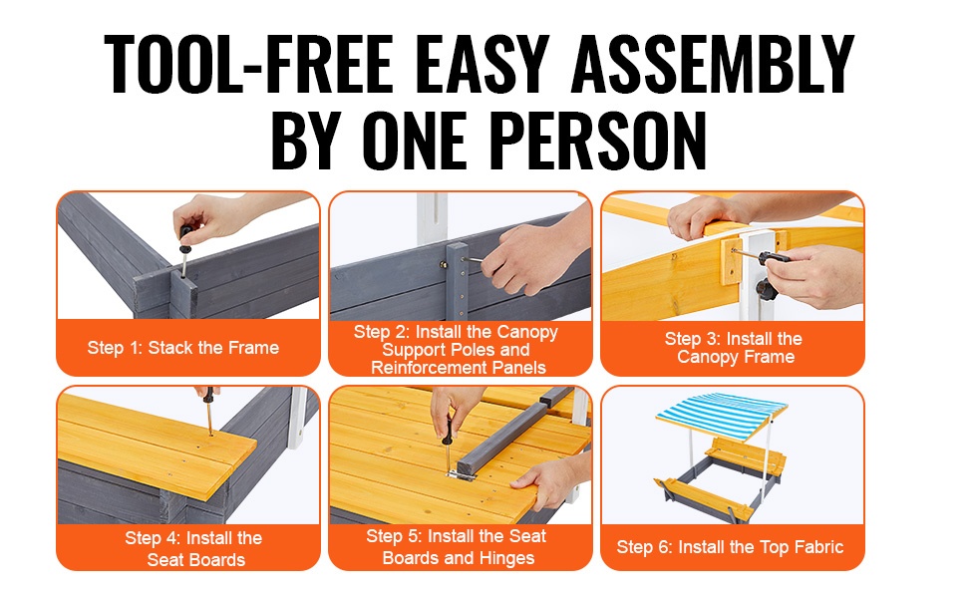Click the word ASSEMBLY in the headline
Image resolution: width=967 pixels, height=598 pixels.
coord(713,64)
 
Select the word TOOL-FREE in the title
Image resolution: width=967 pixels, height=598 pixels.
coord(248,64)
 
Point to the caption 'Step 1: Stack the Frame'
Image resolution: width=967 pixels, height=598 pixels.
coord(183,348)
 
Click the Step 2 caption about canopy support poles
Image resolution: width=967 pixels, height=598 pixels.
coord(457,350)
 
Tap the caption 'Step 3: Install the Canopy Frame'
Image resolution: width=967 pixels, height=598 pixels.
coord(734,348)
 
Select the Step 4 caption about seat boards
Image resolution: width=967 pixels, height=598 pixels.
coord(194,549)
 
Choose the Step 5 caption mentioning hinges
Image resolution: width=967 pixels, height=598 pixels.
coord(457,547)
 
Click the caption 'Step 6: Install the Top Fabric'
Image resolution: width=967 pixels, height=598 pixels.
coord(730,547)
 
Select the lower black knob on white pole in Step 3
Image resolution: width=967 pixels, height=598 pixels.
coord(767,288)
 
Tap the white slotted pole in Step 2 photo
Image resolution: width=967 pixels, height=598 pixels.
coord(432,219)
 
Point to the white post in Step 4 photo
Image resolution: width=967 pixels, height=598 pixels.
coord(297,417)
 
